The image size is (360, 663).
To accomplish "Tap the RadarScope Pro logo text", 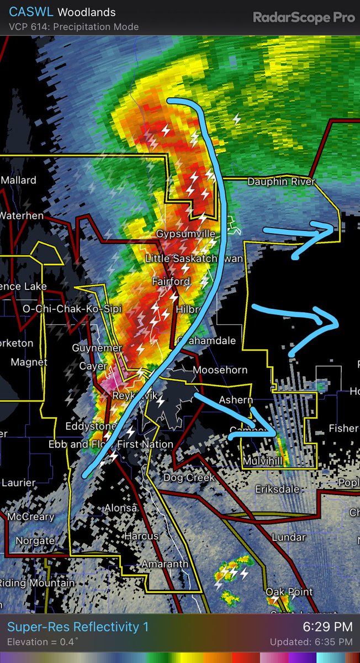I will click(x=304, y=17).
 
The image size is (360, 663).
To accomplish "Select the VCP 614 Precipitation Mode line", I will click(x=74, y=27).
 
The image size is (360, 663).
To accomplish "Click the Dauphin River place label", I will click(x=281, y=182).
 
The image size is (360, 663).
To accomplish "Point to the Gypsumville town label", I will click(x=186, y=234).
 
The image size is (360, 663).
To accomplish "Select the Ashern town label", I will click(x=236, y=400).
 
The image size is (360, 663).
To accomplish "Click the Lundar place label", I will click(x=289, y=537).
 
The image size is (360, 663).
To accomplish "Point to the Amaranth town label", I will click(x=165, y=564).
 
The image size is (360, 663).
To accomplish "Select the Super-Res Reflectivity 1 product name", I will click(x=78, y=627).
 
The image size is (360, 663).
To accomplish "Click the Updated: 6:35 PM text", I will click(x=311, y=642).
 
